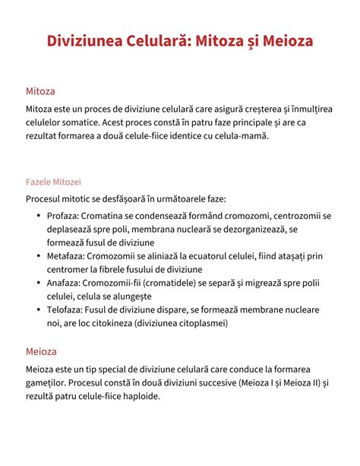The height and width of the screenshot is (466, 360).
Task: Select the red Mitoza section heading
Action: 40,90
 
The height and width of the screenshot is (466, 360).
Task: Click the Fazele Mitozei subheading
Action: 53,182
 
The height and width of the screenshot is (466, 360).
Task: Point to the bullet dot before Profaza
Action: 39,217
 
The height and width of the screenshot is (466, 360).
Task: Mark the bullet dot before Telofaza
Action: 39,311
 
